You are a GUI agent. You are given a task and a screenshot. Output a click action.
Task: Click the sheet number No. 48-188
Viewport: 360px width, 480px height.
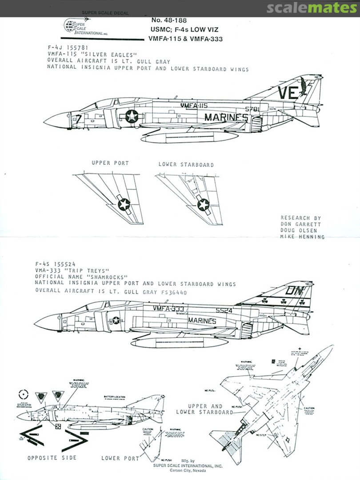[168, 20]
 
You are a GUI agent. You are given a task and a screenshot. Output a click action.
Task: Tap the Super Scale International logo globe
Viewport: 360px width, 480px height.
[70, 25]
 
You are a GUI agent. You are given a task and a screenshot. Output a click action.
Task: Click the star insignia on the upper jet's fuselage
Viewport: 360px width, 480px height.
[132, 116]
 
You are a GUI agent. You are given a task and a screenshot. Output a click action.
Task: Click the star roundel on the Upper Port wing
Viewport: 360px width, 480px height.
[124, 204]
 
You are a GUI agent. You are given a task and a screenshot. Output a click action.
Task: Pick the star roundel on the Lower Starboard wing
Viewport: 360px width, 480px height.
[203, 204]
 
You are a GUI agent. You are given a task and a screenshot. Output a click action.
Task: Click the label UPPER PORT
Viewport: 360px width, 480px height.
[110, 163]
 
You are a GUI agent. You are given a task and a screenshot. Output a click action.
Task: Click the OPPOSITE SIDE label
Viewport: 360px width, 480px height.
[52, 458]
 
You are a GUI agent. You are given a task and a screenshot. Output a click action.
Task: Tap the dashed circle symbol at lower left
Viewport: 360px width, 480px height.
[24, 394]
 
